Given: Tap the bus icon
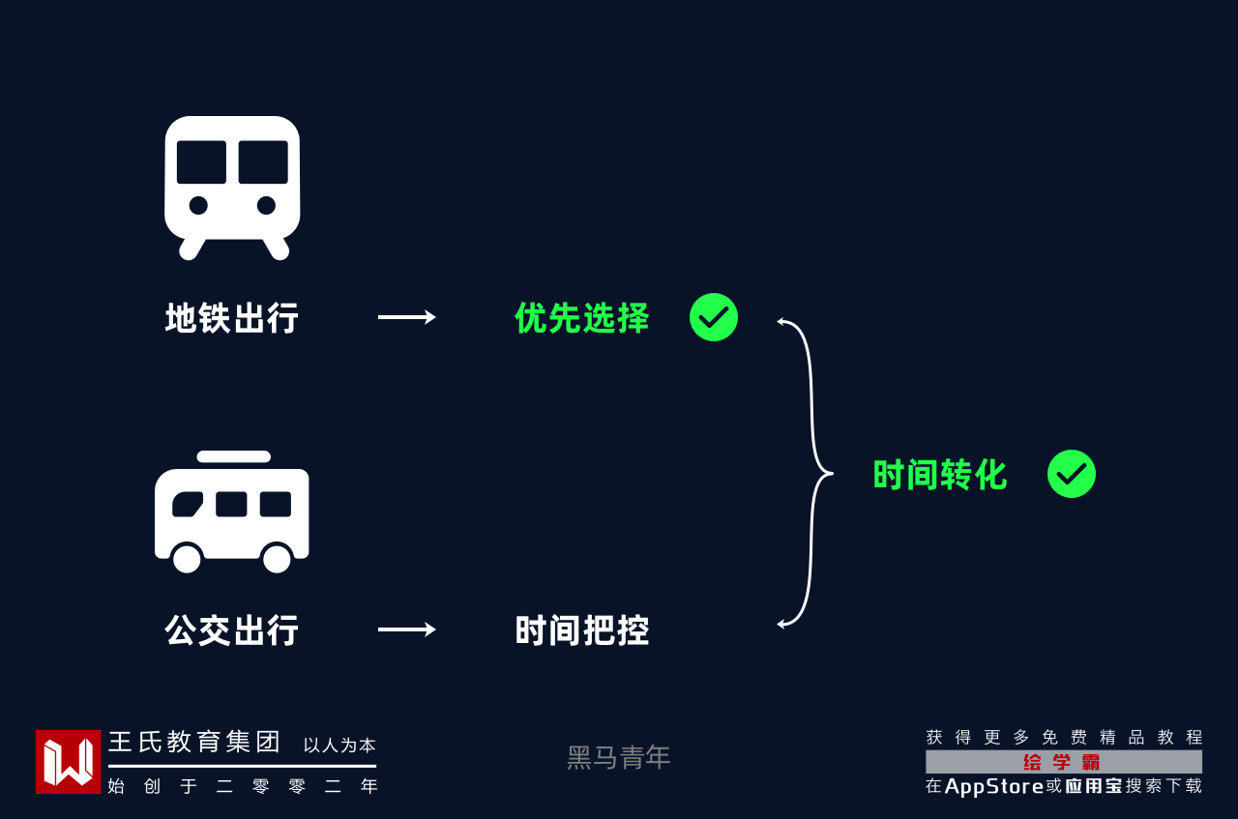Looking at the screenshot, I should coord(232,512).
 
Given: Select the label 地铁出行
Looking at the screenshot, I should coord(232,318).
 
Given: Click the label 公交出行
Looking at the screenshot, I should coord(232,630).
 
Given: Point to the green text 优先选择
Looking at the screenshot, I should coord(582,318).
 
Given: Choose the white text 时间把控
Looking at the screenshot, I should coord(582,630).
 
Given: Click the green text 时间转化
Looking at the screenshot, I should coord(940,475).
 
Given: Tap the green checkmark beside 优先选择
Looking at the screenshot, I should coord(714,317).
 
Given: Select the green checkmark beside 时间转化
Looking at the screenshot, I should coord(1072,474).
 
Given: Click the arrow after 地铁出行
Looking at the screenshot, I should coord(406,317).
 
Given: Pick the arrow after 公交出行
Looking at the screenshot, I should coord(406,629).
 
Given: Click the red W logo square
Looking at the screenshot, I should coord(68,762).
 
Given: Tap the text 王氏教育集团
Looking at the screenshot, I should coord(194,743).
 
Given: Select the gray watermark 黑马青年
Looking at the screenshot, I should coord(619,758).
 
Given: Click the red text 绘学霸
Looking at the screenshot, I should coord(1063,762).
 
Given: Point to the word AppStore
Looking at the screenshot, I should coord(994,786).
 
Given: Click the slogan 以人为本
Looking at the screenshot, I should coord(339,746).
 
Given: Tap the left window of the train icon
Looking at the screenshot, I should coord(201,162).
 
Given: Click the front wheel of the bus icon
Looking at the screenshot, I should coord(187,558).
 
